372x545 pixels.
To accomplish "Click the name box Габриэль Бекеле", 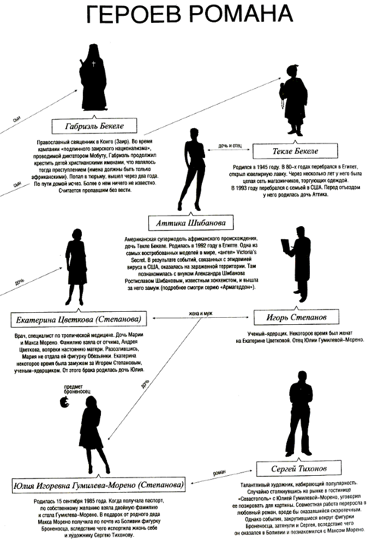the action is click(x=94, y=126).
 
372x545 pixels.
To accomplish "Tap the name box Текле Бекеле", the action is click(x=295, y=151).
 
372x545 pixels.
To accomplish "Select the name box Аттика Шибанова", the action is click(x=190, y=223).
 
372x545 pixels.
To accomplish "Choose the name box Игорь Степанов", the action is click(x=297, y=317).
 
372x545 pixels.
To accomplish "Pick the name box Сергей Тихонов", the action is click(x=299, y=469).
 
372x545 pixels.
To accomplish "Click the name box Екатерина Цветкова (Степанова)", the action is click(x=79, y=319).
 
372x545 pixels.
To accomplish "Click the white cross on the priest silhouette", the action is click(x=93, y=64).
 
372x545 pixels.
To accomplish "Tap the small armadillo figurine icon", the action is click(x=65, y=403).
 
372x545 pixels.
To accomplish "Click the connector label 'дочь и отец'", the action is click(x=230, y=146).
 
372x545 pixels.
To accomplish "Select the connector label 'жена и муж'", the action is click(x=200, y=313).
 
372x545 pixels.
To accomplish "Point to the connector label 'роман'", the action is click(x=219, y=473).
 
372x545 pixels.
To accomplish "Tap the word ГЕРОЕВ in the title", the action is click(x=135, y=14).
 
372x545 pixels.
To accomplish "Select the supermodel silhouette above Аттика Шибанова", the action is click(x=190, y=169).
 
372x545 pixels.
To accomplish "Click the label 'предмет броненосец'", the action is click(x=77, y=389).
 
